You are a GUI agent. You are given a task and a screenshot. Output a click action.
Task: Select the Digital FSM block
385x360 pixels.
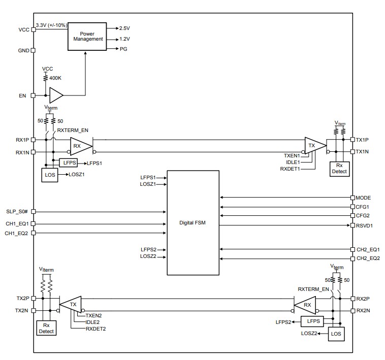[194, 223]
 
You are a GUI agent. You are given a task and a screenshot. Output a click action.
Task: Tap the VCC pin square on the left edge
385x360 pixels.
[34, 29]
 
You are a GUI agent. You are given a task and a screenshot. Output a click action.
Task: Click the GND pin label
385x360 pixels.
[23, 51]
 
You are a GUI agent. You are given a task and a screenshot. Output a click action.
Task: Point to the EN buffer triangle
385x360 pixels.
[56, 95]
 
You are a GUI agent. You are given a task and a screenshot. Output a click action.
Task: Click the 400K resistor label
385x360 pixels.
[56, 78]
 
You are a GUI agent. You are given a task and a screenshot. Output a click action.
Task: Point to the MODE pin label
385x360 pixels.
[364, 197]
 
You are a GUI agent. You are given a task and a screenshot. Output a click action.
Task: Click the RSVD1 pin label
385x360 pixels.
[365, 225]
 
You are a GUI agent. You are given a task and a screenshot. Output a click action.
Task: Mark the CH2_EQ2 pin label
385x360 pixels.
[368, 259]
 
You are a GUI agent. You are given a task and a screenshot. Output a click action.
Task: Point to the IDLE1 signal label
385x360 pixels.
[292, 161]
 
